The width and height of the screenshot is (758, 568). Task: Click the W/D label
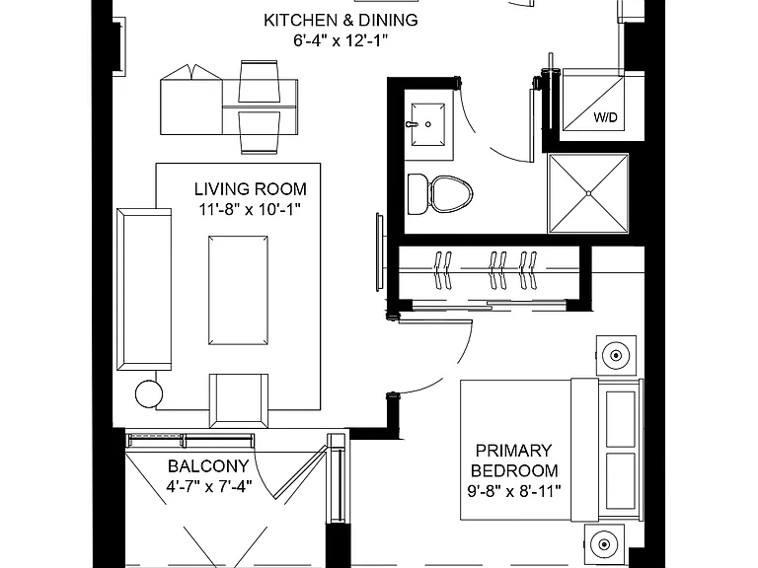[x=605, y=117]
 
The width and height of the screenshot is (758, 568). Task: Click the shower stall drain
[x=588, y=193]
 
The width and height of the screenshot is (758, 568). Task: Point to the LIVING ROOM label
[x=251, y=189]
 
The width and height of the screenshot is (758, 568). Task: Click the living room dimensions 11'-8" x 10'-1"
[x=250, y=210]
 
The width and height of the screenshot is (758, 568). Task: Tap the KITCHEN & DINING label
[x=341, y=20]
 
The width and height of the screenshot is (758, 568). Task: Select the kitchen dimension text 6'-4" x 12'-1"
[x=341, y=40]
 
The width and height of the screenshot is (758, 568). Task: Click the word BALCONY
[x=208, y=466]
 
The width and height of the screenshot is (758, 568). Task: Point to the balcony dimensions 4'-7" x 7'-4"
[x=209, y=486]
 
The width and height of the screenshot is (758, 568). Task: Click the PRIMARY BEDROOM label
[x=514, y=461]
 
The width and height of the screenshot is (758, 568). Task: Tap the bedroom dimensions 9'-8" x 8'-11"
[x=514, y=491]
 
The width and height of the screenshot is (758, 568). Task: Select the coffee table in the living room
[x=238, y=290]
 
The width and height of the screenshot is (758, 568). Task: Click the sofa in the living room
[x=144, y=289]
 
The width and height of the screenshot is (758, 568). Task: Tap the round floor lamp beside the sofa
[x=149, y=394]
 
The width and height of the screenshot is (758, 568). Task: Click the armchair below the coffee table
[x=238, y=400]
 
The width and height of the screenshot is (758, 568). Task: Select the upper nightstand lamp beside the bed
[x=616, y=355]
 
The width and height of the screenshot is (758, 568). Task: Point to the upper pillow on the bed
[x=621, y=419]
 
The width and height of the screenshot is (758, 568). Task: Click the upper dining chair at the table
[x=259, y=81]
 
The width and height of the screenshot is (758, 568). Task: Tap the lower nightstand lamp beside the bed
[x=604, y=544]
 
